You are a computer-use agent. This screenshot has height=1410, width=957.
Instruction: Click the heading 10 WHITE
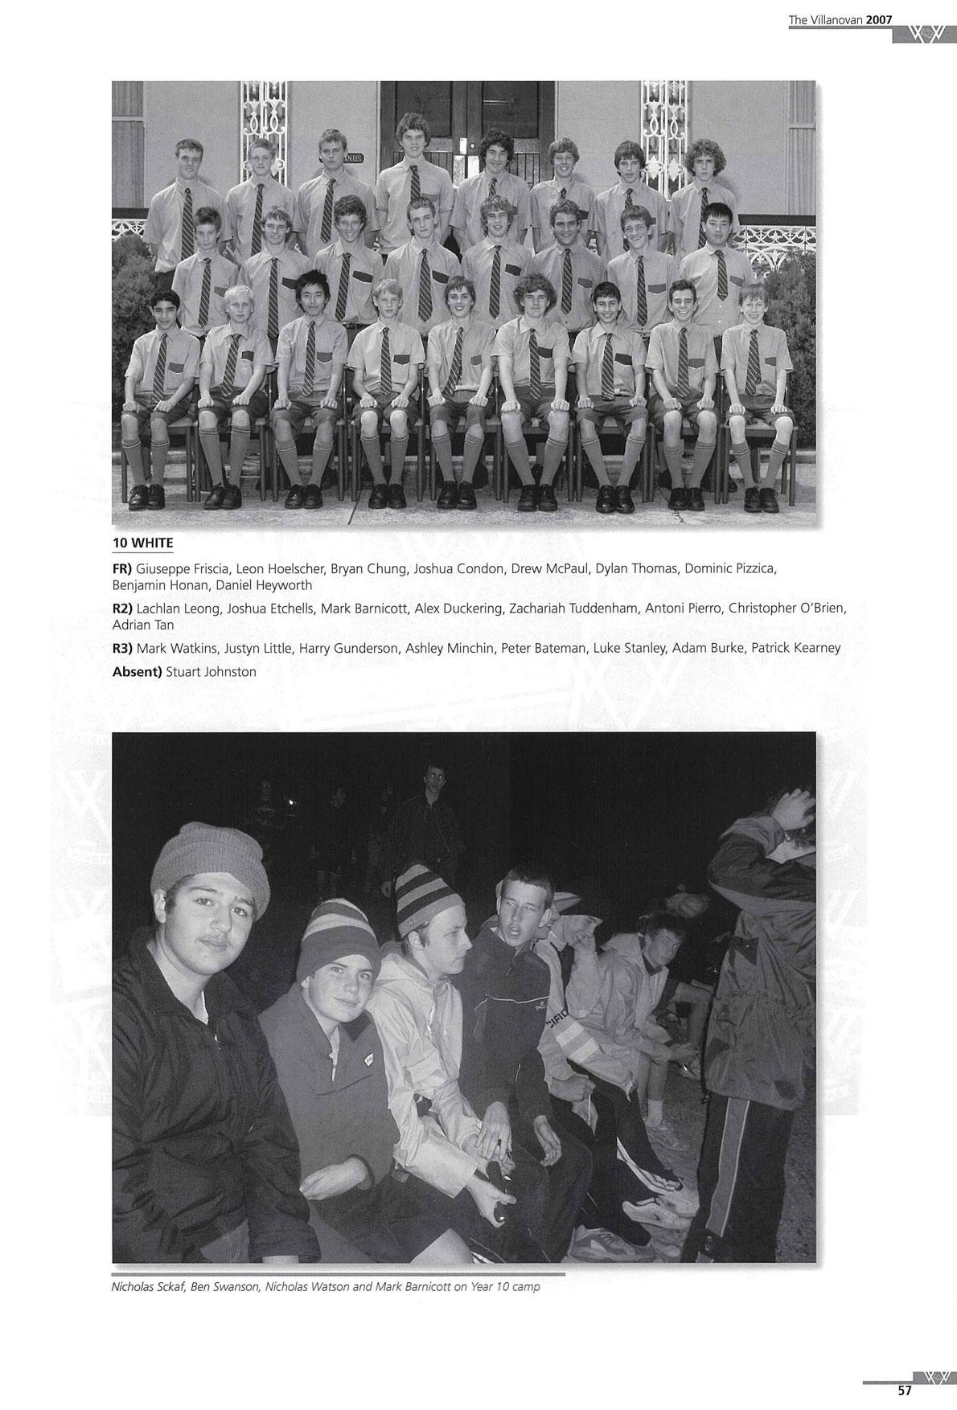point(142,543)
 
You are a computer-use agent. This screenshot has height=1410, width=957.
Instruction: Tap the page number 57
point(905,1390)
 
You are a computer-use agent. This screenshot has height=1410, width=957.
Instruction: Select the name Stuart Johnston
point(211,672)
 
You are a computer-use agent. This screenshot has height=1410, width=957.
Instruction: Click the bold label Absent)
point(137,672)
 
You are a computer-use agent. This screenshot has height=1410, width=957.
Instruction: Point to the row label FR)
point(122,569)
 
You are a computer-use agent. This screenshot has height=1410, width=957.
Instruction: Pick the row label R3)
point(122,648)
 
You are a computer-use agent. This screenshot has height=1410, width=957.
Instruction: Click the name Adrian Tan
point(143,625)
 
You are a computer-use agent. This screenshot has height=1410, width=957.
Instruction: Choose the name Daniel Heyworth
point(264,585)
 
